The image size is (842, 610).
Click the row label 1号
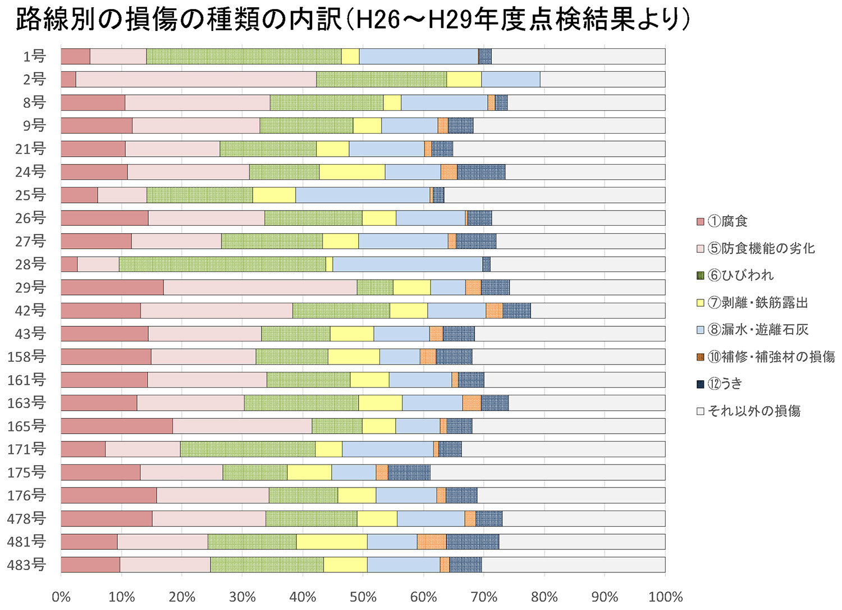[x=34, y=56]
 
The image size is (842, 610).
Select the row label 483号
[x=26, y=565]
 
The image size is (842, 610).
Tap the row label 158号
[x=26, y=357]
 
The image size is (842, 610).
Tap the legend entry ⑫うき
[x=725, y=384]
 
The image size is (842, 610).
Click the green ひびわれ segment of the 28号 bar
[x=222, y=264]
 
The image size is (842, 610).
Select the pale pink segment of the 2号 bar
[x=196, y=79]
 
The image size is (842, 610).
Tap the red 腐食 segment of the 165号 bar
[x=117, y=426]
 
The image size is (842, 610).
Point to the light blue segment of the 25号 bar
[x=363, y=195]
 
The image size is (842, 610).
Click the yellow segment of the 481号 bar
[x=332, y=541]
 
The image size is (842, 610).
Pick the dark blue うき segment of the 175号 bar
[x=409, y=472]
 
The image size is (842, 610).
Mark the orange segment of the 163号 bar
[x=472, y=403]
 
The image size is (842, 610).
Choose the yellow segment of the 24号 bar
[x=352, y=172]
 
